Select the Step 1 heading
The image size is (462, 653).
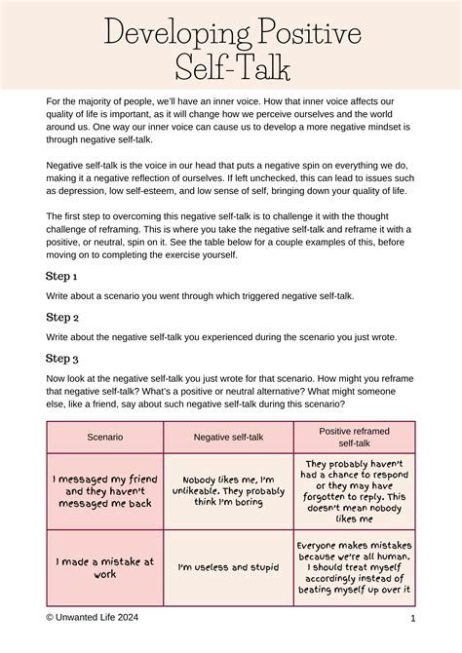(61, 276)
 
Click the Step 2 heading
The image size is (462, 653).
(61, 317)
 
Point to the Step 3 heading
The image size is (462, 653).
(61, 359)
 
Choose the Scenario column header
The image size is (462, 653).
(104, 438)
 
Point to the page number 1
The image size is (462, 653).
(413, 618)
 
